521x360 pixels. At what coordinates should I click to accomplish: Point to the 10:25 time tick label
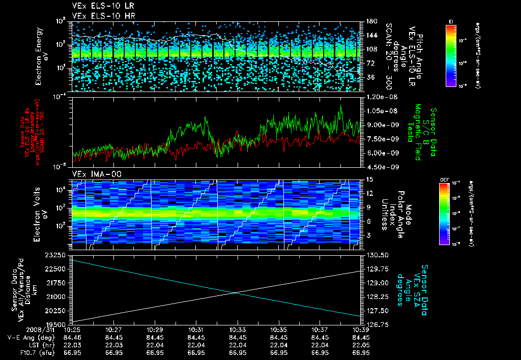(72, 329)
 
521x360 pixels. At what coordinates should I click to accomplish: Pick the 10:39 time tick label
(361, 329)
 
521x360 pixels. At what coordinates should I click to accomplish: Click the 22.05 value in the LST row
(361, 344)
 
